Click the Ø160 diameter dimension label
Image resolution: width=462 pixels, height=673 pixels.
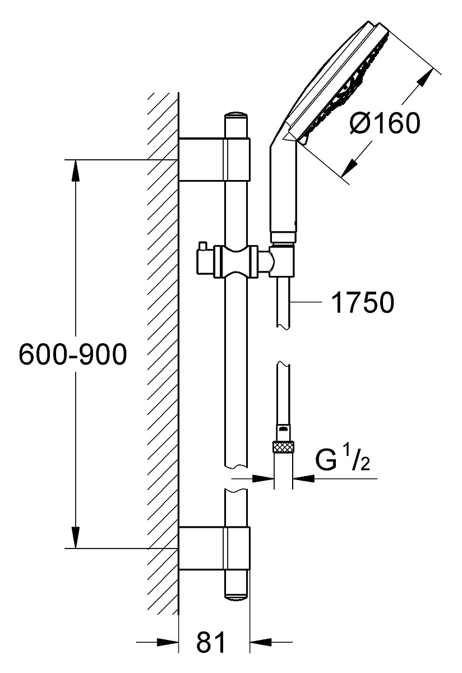[385, 123]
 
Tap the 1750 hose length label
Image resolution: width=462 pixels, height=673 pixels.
[363, 302]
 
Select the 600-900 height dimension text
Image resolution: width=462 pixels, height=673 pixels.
[73, 354]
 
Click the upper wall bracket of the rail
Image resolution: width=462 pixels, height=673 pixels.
[214, 159]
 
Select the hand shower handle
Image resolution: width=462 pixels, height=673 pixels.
[284, 190]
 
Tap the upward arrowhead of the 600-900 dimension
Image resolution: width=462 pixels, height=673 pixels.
[76, 170]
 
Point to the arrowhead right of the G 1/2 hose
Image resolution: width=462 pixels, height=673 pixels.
[303, 478]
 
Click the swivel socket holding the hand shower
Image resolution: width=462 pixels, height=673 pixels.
[282, 261]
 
